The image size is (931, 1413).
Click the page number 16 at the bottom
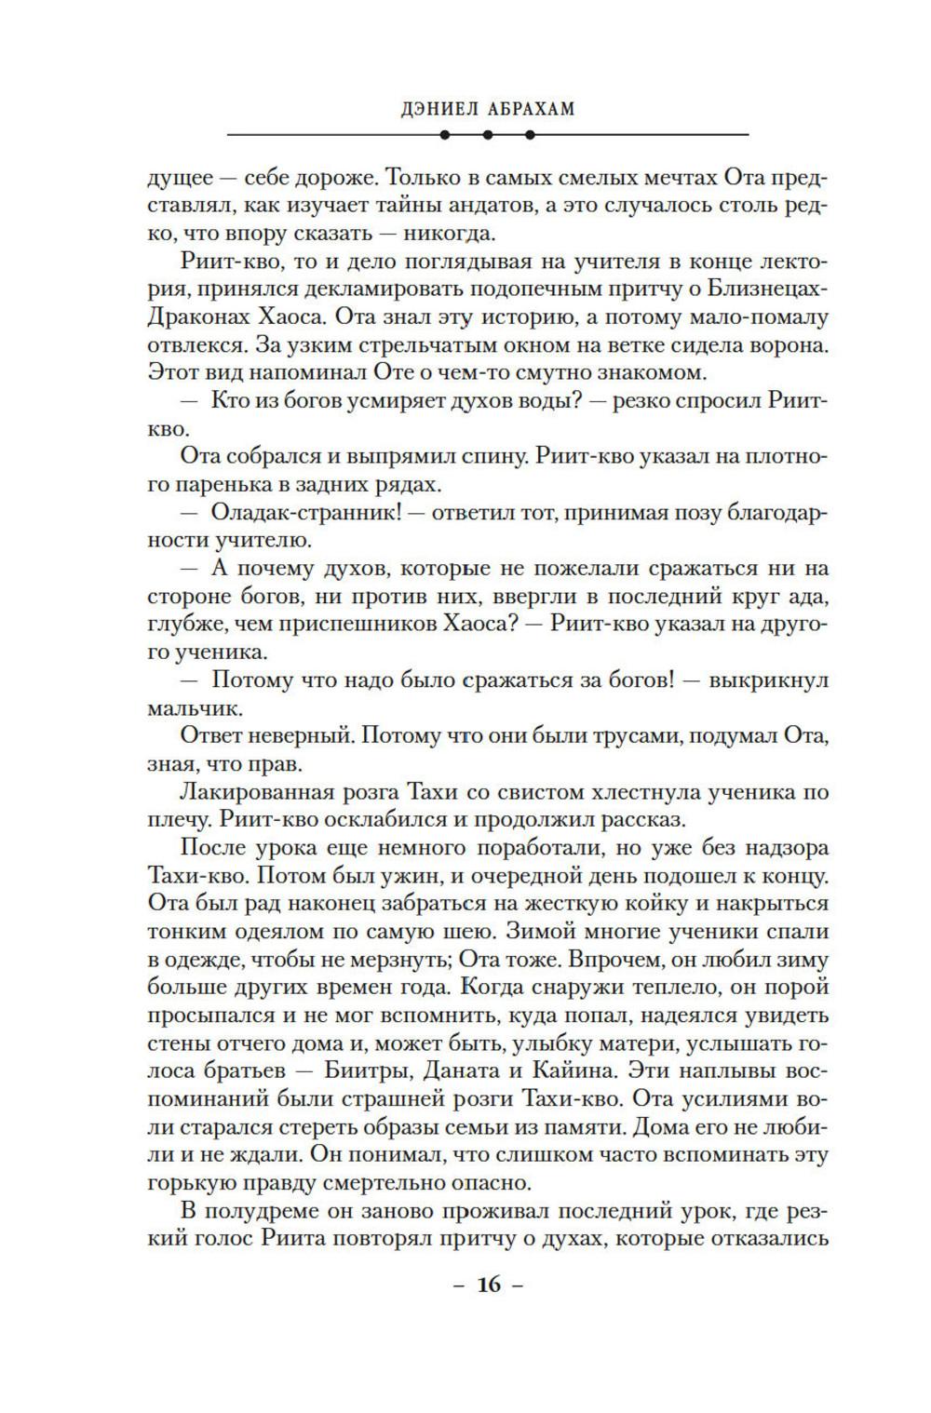(x=489, y=1285)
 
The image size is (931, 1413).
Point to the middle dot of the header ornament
(x=488, y=135)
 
